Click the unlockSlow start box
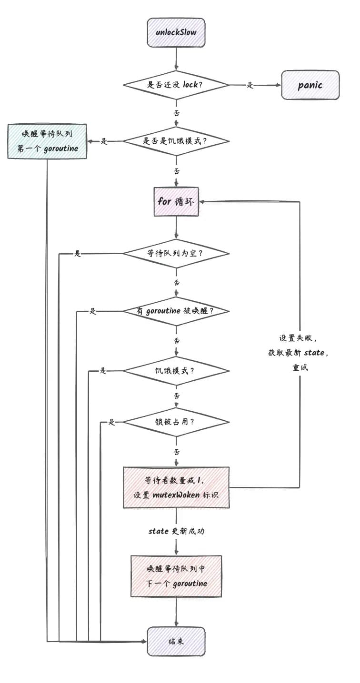(x=176, y=32)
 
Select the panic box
(x=310, y=85)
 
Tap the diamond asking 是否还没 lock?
(x=176, y=85)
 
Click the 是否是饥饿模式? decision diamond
(x=176, y=141)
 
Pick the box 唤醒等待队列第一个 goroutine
(x=47, y=141)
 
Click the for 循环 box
(x=176, y=201)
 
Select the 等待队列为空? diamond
(x=176, y=253)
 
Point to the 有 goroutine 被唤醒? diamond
(x=176, y=311)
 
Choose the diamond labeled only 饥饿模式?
(x=176, y=370)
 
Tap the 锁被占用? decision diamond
(x=176, y=422)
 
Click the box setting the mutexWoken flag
(x=176, y=487)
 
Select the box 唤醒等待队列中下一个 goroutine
(x=176, y=576)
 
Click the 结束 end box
(x=176, y=641)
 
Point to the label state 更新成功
(x=176, y=531)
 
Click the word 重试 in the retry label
(x=300, y=368)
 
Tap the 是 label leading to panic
(x=250, y=85)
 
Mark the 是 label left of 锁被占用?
(x=112, y=422)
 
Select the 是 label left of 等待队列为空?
(x=78, y=254)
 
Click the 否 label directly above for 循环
(x=177, y=171)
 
